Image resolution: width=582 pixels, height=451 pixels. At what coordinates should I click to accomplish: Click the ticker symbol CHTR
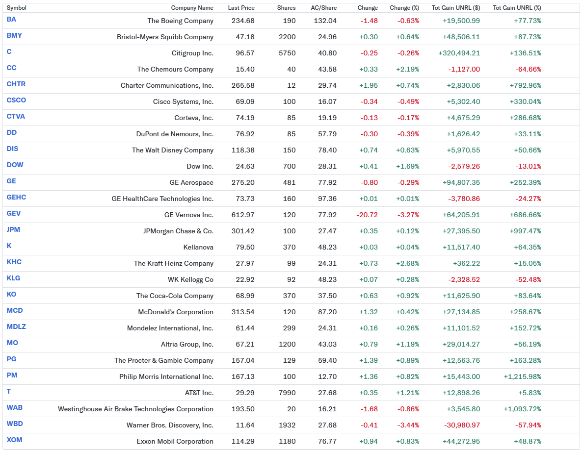pos(16,84)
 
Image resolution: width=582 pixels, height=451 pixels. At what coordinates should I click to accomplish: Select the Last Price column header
pos(241,8)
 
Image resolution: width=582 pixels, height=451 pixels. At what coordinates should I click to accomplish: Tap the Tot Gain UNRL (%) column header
pos(517,8)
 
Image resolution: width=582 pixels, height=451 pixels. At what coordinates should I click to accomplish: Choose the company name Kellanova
pos(198,247)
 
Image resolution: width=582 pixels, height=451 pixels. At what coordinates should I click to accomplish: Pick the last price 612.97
pos(243,215)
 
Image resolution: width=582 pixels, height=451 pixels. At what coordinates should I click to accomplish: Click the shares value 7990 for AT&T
pos(287,393)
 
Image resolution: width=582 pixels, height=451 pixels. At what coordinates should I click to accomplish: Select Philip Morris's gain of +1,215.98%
pos(522,376)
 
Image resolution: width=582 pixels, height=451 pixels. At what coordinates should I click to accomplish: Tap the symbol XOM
pos(15,440)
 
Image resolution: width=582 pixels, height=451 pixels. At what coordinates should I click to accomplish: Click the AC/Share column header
pos(323,8)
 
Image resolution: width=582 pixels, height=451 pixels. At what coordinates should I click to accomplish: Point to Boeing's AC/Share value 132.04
pos(325,21)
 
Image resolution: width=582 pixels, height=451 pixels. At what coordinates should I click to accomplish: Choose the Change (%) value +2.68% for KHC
pos(408,263)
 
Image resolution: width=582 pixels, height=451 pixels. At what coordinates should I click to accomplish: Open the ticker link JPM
pos(14,229)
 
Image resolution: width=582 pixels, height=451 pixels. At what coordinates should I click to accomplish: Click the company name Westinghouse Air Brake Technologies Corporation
pos(135,409)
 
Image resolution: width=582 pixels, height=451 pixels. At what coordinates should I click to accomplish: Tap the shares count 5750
pos(287,53)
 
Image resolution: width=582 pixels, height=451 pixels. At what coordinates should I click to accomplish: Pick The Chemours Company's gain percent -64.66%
pos(528,69)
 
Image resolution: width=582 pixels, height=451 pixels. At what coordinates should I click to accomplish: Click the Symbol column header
pos(16,8)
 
